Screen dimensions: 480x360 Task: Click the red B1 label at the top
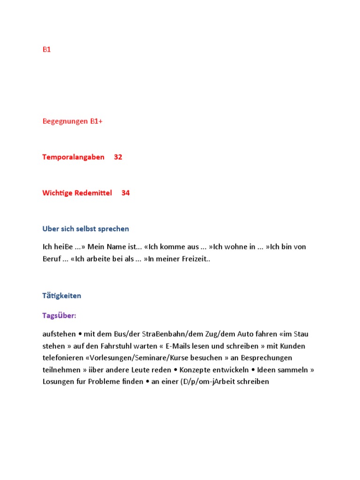point(46,49)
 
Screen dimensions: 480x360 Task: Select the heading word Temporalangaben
point(73,157)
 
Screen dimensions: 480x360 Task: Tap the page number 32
point(118,157)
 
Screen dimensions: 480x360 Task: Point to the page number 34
point(126,193)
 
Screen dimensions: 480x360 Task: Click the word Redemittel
point(93,193)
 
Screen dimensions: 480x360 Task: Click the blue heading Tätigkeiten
point(61,296)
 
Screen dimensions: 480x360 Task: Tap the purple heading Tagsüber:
point(59,315)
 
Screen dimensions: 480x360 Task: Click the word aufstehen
point(59,334)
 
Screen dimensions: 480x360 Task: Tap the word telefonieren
point(61,358)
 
